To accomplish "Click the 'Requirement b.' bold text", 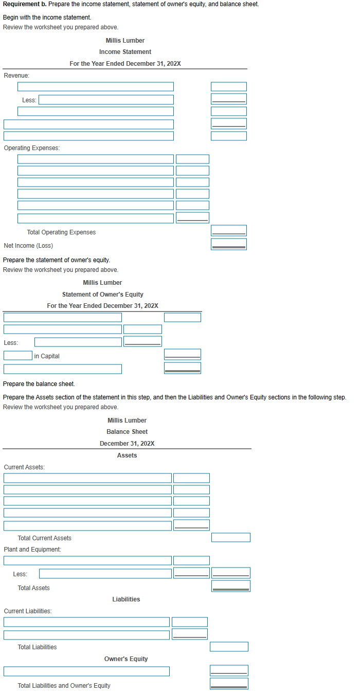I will tap(24, 4).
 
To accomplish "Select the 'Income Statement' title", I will tap(125, 52).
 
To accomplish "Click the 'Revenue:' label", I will tap(16, 76).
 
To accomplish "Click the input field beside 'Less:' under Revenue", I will tap(106, 100).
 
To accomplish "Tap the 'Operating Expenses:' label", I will tap(31, 148).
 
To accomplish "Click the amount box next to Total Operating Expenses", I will tap(228, 231).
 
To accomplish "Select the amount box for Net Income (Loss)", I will tap(228, 244).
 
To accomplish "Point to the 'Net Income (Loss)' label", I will tap(28, 246).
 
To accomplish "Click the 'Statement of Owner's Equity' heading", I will tap(102, 295).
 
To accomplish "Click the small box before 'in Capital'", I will tap(18, 355).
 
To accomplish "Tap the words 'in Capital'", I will tap(47, 356).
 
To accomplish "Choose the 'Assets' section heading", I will tap(127, 455).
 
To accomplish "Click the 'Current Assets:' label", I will tap(24, 467).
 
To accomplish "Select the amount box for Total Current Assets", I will tap(230, 537).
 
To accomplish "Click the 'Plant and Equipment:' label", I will tap(32, 550).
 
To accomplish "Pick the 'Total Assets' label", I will tap(33, 588).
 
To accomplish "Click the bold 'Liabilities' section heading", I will tap(126, 599).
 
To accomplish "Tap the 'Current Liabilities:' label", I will tap(28, 611).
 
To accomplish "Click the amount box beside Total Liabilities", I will tap(229, 647).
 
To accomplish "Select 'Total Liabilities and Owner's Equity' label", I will tap(64, 686).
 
